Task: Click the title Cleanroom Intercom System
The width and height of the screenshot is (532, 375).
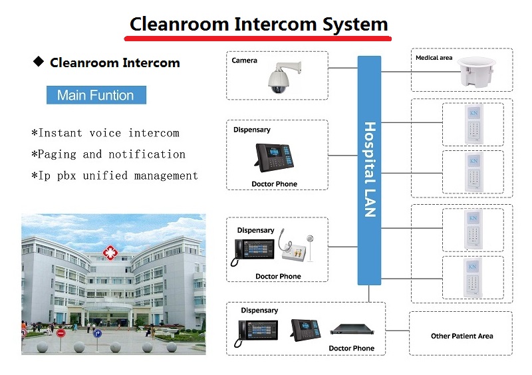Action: (x=258, y=24)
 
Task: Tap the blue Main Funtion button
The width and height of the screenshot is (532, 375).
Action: (x=96, y=95)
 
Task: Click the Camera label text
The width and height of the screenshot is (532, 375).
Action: (x=244, y=61)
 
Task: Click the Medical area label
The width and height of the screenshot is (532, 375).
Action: (x=434, y=58)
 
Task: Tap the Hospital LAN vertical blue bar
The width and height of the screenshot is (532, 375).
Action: (x=369, y=170)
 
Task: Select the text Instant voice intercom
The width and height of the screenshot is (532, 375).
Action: (x=105, y=133)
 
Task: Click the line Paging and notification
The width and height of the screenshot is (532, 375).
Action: (x=108, y=154)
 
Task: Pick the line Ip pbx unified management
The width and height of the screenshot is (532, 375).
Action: (x=114, y=176)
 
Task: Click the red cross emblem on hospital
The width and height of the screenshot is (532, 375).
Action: (x=107, y=253)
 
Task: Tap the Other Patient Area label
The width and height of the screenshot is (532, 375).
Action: (x=462, y=336)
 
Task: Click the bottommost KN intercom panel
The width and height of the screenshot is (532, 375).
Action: (x=473, y=277)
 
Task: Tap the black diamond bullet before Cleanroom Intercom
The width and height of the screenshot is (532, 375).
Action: (x=38, y=62)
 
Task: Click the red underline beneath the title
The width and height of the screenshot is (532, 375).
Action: (x=258, y=38)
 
